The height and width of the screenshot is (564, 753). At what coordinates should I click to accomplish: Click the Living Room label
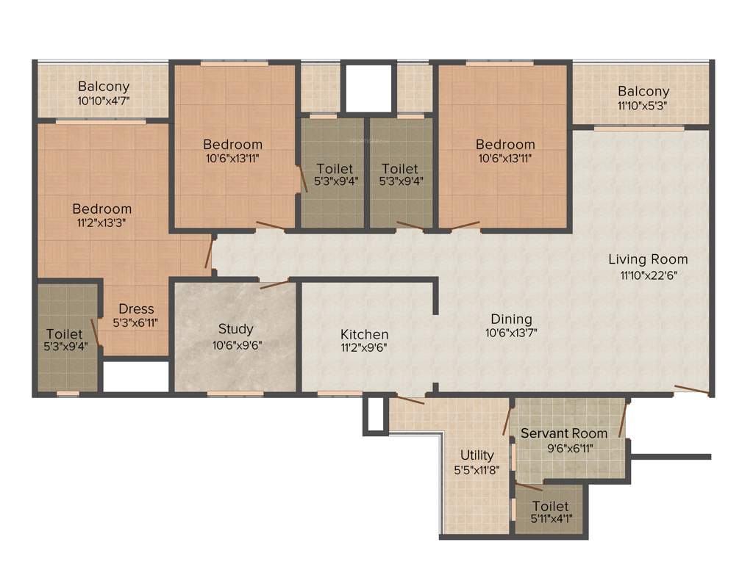pos(648,259)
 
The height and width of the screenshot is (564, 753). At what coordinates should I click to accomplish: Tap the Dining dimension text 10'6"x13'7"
pos(511,333)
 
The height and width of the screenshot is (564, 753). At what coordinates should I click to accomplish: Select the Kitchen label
pos(364,334)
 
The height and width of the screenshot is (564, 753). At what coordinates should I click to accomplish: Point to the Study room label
pos(235,328)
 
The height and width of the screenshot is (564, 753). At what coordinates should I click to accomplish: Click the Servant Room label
pos(564,433)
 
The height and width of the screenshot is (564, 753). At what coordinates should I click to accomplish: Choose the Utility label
pos(477,455)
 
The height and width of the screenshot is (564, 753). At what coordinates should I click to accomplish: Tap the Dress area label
pos(136,308)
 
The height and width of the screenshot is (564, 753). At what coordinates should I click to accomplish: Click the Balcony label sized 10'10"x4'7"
pos(104,86)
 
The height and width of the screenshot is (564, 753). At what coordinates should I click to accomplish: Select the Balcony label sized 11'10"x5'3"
pos(643,91)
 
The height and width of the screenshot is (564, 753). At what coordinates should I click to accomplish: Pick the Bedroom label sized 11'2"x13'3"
pos(101,209)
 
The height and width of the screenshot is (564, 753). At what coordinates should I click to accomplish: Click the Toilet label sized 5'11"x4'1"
pos(550,506)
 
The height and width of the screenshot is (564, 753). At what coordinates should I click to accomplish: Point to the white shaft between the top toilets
pos(368,88)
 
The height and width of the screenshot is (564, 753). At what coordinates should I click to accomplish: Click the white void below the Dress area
pos(135,377)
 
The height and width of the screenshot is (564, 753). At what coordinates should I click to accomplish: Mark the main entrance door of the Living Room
pos(691,390)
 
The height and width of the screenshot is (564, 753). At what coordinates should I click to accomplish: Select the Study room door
pos(274,284)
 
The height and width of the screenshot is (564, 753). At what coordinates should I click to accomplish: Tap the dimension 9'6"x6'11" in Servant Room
pos(563,447)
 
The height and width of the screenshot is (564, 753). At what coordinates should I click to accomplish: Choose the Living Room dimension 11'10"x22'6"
pos(648,275)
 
